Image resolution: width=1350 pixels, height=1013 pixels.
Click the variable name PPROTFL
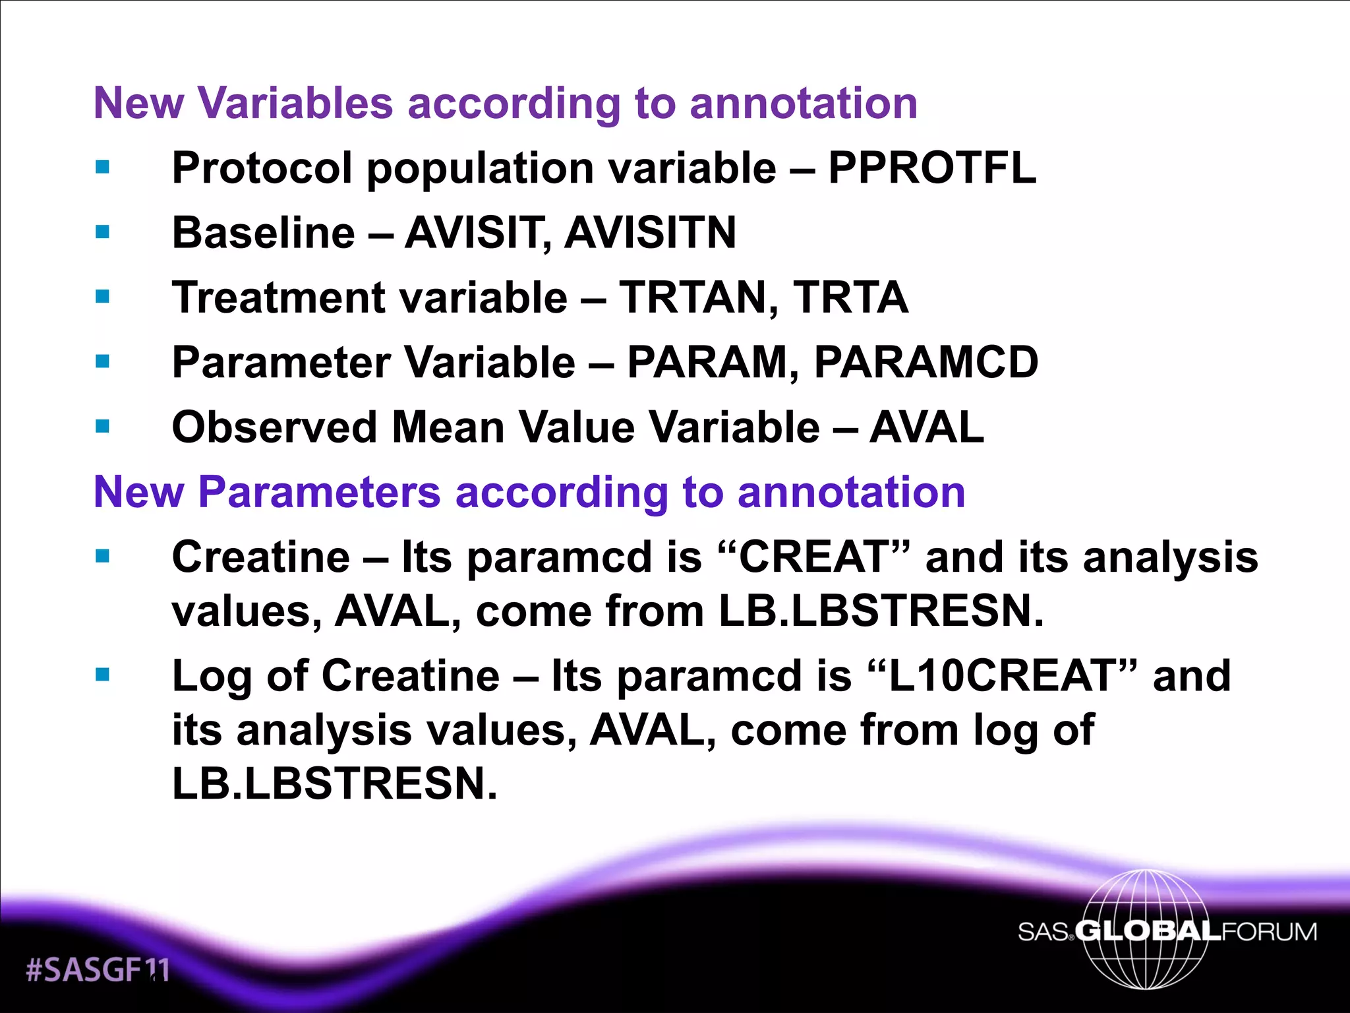point(931,168)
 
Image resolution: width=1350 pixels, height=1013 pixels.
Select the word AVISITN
point(650,232)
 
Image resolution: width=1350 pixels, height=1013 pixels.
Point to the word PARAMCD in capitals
point(926,362)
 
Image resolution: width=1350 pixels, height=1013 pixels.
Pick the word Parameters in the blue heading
point(319,492)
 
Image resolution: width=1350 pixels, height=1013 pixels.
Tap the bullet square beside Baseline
point(102,232)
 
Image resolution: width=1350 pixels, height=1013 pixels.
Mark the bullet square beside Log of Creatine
point(102,675)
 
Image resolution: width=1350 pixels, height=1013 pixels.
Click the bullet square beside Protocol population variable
point(102,168)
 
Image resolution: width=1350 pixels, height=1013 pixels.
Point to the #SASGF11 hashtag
point(98,969)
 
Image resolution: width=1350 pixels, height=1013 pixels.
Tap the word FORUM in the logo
point(1269,932)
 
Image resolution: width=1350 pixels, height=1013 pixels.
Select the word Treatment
point(278,297)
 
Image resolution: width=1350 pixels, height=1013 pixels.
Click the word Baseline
point(264,232)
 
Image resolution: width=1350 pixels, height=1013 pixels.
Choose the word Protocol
point(262,168)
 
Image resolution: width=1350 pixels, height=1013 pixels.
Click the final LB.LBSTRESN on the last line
point(334,783)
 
